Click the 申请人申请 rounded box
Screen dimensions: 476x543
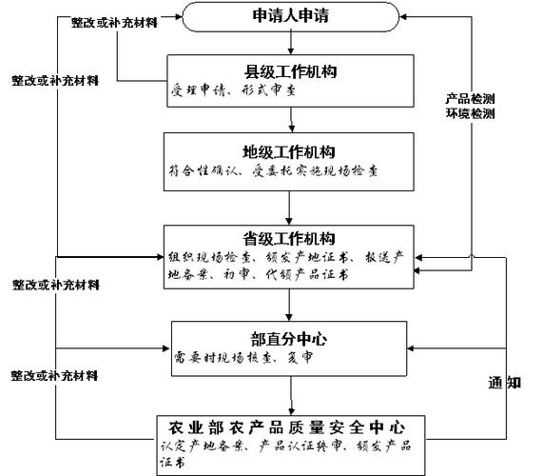[x=291, y=16]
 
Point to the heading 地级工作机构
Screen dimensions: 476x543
[x=289, y=151]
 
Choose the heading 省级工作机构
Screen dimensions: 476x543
[x=291, y=237]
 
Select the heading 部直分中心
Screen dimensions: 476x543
[x=290, y=338]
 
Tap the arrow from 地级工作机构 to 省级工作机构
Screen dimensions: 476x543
[x=291, y=208]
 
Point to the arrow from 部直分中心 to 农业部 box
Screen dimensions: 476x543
[x=291, y=394]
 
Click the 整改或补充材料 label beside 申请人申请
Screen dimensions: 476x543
[x=112, y=21]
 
